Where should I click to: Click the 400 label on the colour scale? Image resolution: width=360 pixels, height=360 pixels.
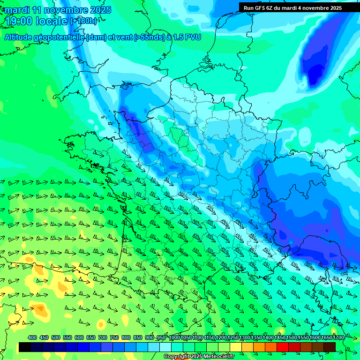[32, 337]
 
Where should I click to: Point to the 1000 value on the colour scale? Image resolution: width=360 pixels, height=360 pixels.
[174, 337]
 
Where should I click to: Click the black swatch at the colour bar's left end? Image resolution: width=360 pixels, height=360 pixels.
[24, 347]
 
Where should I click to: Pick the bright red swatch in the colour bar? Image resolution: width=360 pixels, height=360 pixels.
[282, 347]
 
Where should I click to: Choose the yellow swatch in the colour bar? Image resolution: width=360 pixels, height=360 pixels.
[235, 347]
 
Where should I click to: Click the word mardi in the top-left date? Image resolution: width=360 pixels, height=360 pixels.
[17, 10]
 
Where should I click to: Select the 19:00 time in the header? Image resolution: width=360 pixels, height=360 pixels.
[19, 21]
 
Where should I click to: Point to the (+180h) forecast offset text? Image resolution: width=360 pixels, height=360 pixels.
[83, 21]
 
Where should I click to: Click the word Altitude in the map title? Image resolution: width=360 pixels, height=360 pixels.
[18, 37]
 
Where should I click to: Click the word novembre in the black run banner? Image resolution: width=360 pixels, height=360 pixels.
[313, 8]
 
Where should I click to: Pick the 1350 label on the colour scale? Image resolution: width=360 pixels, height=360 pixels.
[256, 337]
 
